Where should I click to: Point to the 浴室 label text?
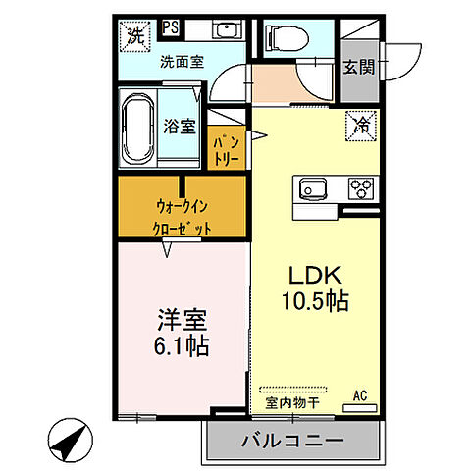tap(180, 127)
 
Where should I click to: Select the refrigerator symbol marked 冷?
tap(362, 126)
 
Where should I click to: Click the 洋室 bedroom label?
tap(183, 322)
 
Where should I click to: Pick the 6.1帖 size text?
tap(183, 346)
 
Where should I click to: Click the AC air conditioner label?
tap(362, 397)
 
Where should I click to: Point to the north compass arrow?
tap(66, 440)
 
